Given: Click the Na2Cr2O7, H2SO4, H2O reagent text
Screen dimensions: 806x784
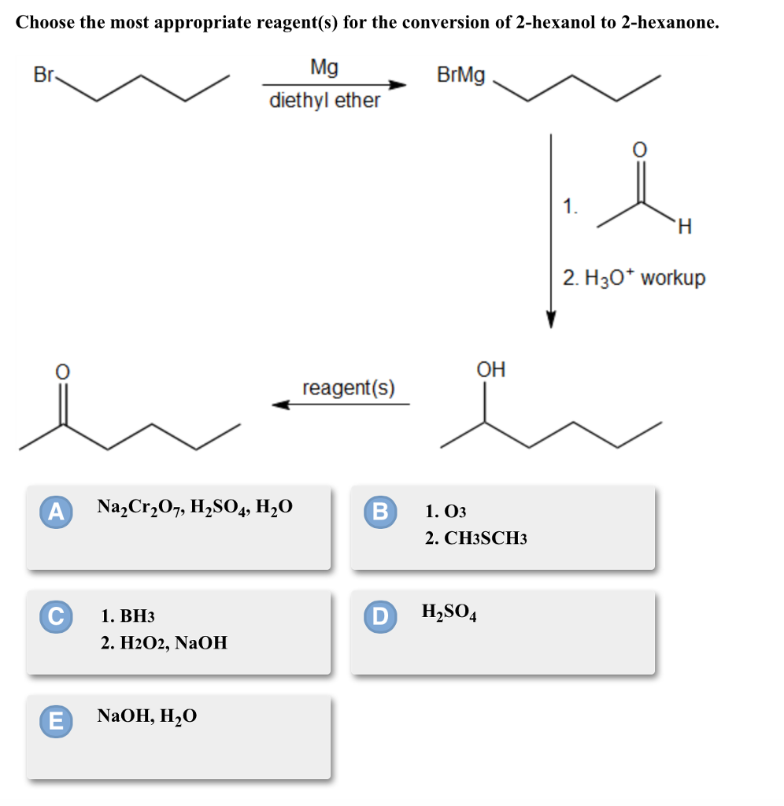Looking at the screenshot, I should point(194,508).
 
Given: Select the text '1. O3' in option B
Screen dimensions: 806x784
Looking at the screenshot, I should point(446,512).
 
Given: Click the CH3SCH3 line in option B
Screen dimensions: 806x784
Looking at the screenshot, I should point(475,538).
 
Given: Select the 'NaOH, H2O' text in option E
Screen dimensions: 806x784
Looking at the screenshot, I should point(147,716).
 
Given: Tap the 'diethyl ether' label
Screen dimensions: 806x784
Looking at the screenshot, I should point(324,101).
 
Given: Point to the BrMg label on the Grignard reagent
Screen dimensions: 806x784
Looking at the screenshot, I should point(460,76).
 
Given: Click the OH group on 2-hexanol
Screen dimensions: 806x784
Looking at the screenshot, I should point(491,369).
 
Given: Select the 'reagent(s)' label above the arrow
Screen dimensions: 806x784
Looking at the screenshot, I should point(349,387).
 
